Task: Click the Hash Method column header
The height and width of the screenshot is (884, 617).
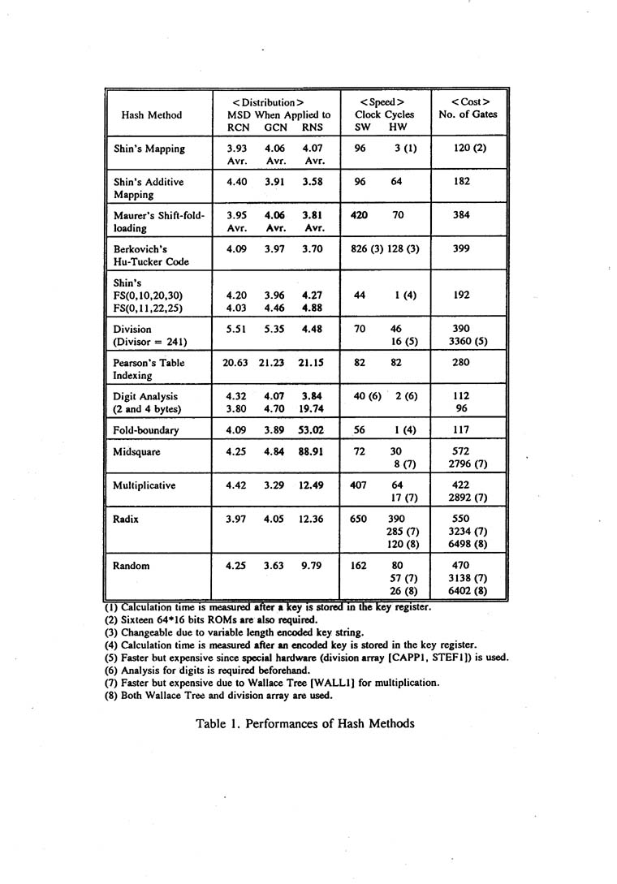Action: (151, 114)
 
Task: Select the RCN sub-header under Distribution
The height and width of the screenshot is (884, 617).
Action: (237, 127)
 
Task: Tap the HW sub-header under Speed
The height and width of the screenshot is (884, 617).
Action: (397, 127)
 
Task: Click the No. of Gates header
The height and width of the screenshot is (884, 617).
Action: (468, 114)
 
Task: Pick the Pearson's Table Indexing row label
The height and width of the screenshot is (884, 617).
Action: (137, 369)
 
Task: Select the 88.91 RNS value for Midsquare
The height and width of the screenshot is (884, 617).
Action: (312, 451)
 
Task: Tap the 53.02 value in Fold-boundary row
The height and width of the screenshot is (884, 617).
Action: (312, 429)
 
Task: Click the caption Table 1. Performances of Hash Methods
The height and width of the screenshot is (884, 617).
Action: (304, 723)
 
